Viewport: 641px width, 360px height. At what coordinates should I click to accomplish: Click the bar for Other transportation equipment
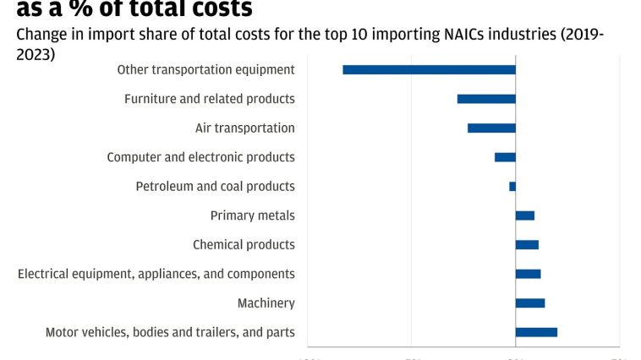[x=429, y=69]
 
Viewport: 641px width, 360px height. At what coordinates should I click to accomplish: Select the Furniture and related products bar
[x=486, y=99]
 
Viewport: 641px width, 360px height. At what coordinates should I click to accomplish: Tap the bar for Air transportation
[x=491, y=128]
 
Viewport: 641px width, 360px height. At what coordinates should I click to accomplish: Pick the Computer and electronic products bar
[x=505, y=157]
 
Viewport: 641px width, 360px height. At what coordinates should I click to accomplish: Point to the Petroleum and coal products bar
[x=512, y=186]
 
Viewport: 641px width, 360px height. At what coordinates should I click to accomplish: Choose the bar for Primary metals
[x=525, y=215]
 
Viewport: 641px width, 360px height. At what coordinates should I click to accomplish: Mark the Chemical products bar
[x=527, y=244]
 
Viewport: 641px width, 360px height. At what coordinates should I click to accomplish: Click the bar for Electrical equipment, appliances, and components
[x=528, y=274]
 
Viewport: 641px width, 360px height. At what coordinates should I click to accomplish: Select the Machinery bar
[x=530, y=303]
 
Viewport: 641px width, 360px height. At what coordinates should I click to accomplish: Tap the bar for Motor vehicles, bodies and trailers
[x=536, y=332]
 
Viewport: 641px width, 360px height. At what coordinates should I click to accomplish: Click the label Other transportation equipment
[x=205, y=70]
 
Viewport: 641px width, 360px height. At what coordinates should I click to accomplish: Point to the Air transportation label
[x=245, y=128]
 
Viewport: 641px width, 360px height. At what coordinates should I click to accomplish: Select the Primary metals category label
[x=253, y=215]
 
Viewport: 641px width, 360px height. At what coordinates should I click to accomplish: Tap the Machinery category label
[x=266, y=303]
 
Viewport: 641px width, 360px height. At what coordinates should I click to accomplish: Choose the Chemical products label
[x=244, y=245]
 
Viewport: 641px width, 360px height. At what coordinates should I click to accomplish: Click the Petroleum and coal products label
[x=216, y=187]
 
